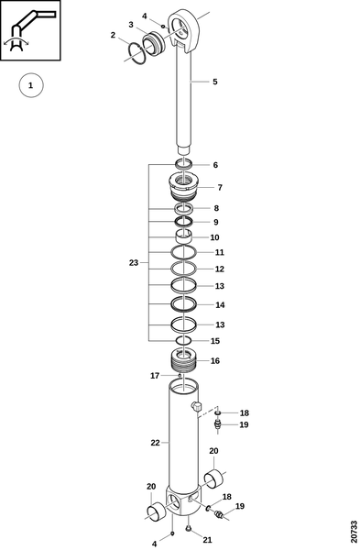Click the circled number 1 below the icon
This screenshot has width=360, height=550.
pos(31,85)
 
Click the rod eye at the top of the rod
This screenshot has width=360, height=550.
pos(185,30)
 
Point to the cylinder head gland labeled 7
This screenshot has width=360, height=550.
pos(184,187)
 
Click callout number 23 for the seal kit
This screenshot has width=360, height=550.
pos(134,263)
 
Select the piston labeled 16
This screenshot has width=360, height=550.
pos(184,362)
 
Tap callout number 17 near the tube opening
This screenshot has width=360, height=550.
pos(155,376)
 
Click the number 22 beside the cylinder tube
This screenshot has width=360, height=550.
pos(155,443)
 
